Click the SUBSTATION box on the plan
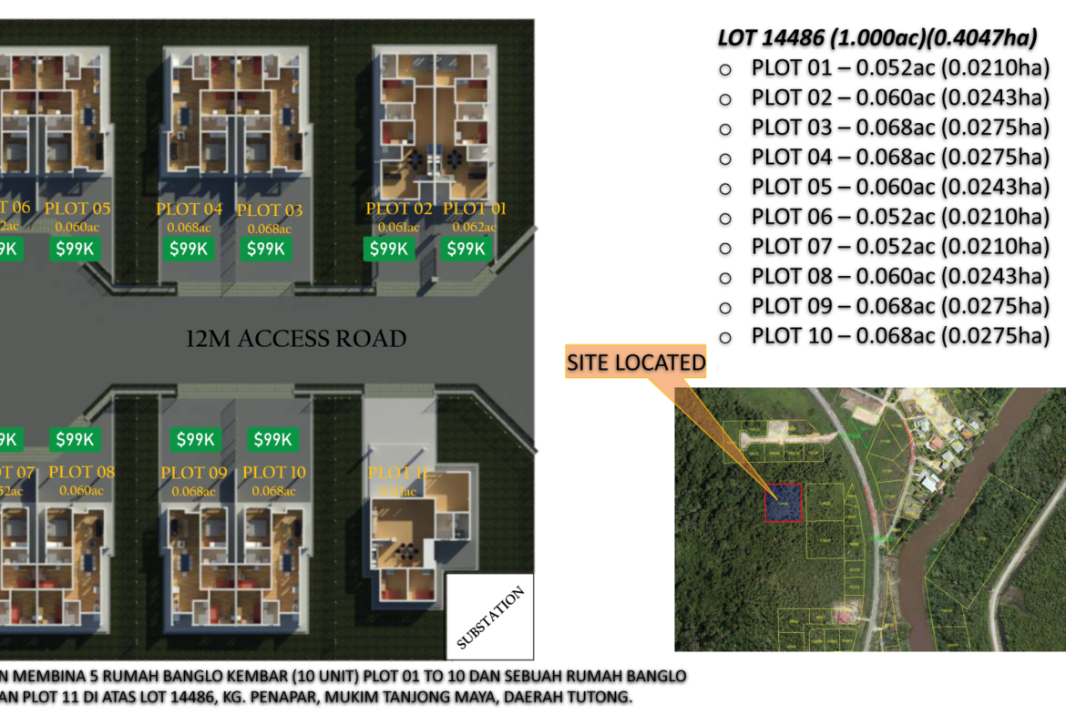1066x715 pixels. tap(489, 617)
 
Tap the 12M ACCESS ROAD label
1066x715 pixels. tap(295, 339)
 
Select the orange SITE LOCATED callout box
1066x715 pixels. tap(636, 363)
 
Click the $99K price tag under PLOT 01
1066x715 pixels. tap(466, 249)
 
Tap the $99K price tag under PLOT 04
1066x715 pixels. tap(190, 249)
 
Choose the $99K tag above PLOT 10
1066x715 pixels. tap(272, 440)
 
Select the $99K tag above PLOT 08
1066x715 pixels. tap(75, 440)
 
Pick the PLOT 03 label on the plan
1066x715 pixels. tap(270, 210)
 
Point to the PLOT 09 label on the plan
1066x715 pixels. tap(193, 473)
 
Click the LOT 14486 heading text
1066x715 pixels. tap(876, 38)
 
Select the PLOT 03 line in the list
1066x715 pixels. tap(900, 128)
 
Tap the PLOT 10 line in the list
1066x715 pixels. tap(900, 336)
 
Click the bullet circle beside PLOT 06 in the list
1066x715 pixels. tap(726, 218)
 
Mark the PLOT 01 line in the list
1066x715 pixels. tap(900, 68)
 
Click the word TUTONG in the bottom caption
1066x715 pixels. tap(601, 699)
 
